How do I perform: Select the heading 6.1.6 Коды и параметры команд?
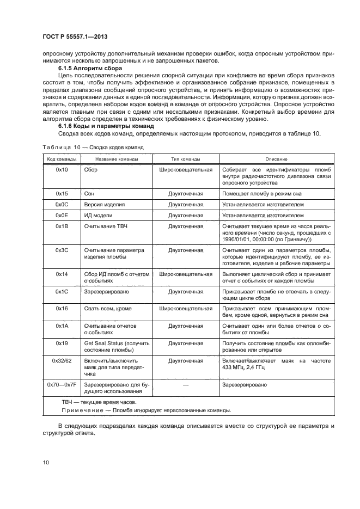click(101, 127)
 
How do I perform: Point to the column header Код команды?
click(61, 159)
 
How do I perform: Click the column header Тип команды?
click(185, 159)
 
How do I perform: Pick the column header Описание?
click(277, 159)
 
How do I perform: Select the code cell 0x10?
click(61, 170)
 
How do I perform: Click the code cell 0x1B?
click(61, 225)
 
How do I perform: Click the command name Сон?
click(89, 193)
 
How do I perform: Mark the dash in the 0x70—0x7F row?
click(185, 384)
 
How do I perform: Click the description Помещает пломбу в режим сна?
click(261, 193)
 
